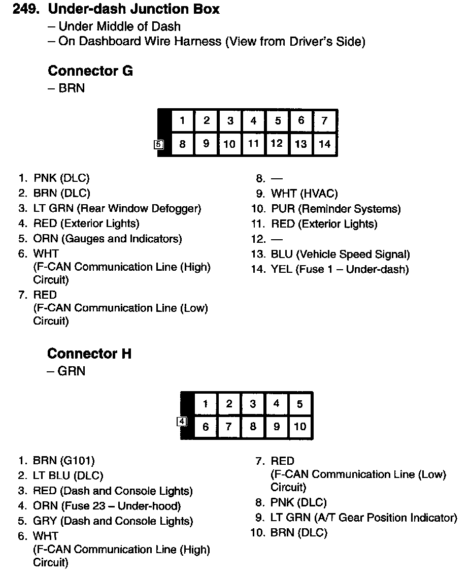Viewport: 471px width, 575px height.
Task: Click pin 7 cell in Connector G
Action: coord(325,121)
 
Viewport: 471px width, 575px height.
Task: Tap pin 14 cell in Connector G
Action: coord(325,144)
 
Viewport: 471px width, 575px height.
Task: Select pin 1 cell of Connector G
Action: coord(182,121)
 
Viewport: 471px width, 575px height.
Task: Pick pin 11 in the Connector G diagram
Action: coord(253,144)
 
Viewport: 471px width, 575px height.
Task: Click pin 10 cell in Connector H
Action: coord(300,427)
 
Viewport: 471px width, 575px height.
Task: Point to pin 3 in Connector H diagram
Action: coord(253,404)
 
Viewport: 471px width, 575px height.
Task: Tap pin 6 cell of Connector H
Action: coord(206,427)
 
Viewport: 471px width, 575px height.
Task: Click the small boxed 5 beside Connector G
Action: coord(159,144)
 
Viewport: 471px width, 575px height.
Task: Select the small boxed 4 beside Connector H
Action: coord(182,421)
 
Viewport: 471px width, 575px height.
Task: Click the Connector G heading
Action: coord(90,71)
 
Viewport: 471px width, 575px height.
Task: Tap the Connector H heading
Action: coord(89,354)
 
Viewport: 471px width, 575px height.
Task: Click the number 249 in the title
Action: coord(24,9)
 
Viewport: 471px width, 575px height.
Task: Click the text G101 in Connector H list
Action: coord(77,461)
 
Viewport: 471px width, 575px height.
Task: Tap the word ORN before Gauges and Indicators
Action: coord(46,239)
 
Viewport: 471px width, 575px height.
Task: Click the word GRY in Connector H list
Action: coord(44,521)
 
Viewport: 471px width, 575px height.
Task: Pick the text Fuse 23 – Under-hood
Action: coord(121,506)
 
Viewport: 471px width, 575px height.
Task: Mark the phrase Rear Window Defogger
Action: coord(139,208)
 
